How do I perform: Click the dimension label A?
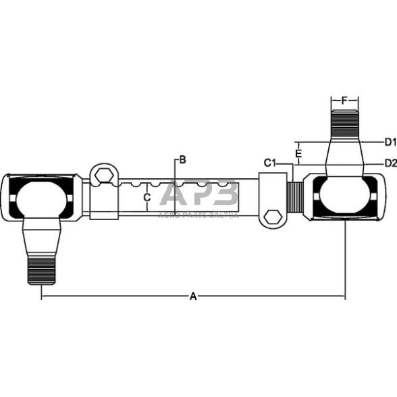point(193,296)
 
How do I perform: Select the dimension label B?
point(182,160)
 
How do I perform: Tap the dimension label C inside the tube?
point(147,197)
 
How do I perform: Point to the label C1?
point(270,163)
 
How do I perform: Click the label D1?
point(389,142)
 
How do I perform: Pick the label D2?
point(389,163)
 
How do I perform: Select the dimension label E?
point(298,153)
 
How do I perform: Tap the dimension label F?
point(344,101)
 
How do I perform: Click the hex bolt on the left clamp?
point(103,176)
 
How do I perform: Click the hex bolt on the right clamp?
point(271,216)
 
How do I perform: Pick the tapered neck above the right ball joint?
point(344,155)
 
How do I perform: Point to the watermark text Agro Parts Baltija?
point(198,214)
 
